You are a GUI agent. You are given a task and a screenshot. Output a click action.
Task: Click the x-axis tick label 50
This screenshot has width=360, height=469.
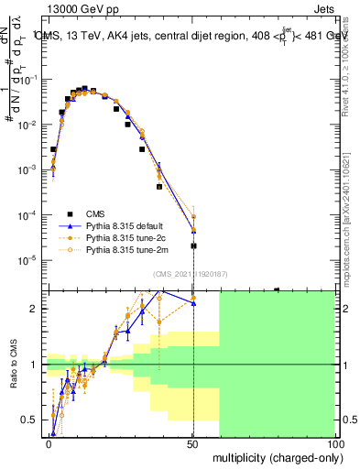(x=192, y=443)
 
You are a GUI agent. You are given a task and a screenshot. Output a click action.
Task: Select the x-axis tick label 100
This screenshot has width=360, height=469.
(x=333, y=443)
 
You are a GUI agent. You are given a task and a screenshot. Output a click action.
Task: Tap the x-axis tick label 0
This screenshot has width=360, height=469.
(x=49, y=443)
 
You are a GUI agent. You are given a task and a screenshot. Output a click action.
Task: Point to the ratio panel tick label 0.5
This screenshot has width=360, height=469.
(x=29, y=420)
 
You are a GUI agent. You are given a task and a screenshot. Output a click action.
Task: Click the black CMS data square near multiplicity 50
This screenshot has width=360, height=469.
(x=193, y=245)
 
